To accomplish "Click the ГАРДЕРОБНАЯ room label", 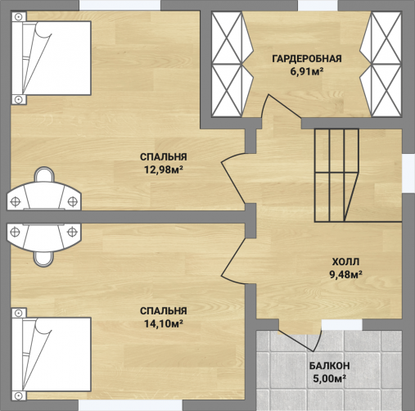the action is [307, 59].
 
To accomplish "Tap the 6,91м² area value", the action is [307, 71].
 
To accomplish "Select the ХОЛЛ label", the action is [345, 262].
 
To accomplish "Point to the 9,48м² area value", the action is [346, 274].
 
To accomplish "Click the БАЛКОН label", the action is [329, 366].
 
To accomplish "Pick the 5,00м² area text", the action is [330, 378].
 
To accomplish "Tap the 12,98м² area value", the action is [164, 169].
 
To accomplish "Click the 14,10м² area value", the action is [164, 323].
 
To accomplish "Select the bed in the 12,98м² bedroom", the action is [52, 58].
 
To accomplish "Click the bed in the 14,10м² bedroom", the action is [52, 355].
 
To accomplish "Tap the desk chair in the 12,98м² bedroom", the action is [44, 174].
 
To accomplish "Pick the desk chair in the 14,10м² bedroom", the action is [43, 259].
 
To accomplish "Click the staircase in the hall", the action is [336, 175].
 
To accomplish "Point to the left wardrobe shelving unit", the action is [232, 65].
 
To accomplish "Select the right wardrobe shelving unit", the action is [381, 65].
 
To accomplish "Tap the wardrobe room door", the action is [281, 108].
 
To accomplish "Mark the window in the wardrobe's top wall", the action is [318, 6].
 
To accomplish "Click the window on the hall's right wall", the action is [409, 174].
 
